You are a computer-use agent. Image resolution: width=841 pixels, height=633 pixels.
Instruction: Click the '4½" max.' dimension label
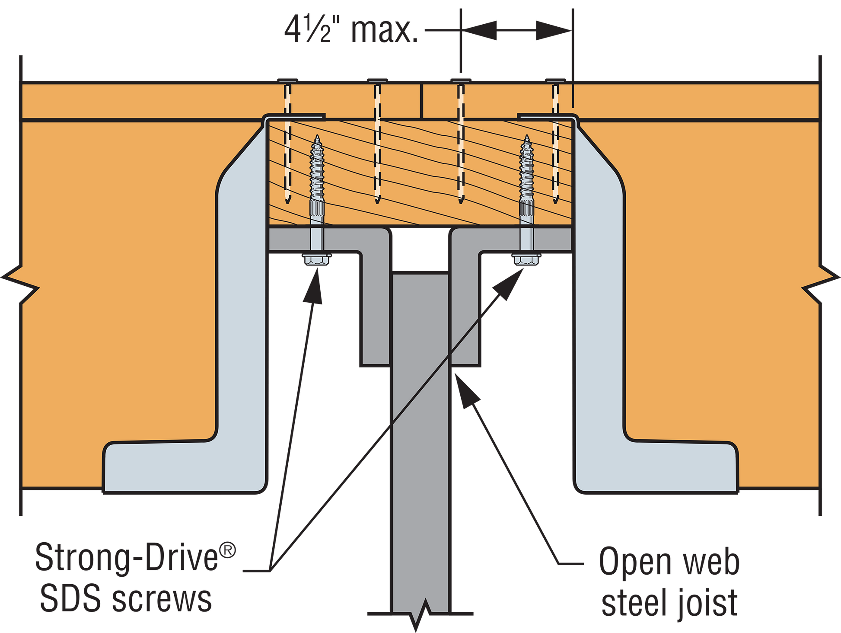click(351, 30)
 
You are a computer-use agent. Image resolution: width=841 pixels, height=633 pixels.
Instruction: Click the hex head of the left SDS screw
click(317, 259)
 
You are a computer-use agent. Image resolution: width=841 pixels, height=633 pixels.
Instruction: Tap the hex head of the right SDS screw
click(526, 259)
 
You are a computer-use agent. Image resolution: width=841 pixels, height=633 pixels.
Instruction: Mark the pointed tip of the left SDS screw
click(318, 137)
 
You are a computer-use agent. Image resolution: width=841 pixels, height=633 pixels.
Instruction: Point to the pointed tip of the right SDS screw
click(527, 137)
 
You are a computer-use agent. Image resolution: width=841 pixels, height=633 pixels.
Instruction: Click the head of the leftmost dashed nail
click(287, 80)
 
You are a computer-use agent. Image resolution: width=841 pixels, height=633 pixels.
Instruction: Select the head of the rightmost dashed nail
click(555, 80)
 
